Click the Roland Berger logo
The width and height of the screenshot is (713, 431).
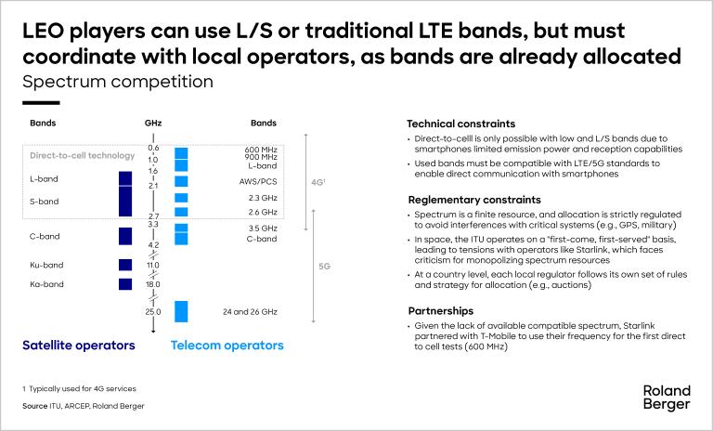[667, 398]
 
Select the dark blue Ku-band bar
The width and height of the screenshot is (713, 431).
[125, 265]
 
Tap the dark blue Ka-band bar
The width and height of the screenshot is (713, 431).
[125, 284]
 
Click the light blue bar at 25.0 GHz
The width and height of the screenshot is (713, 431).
[181, 312]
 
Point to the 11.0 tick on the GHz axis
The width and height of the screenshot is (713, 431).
[153, 265]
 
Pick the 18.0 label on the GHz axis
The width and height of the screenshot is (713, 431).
[153, 284]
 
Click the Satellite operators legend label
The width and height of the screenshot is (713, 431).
[79, 346]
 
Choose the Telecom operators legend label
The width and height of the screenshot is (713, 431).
[227, 346]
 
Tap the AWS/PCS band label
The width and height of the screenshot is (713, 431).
[258, 181]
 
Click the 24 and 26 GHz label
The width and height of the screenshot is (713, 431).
[250, 312]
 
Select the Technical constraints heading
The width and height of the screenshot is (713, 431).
[461, 124]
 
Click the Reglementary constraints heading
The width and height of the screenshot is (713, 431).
[474, 200]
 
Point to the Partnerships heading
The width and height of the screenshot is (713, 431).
[441, 311]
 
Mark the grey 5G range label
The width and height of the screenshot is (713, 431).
[324, 267]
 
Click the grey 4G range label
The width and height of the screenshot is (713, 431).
[318, 182]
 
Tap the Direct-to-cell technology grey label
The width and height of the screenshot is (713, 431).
[83, 156]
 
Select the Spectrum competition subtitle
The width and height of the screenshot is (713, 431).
[118, 82]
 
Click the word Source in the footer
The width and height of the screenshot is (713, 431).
[35, 406]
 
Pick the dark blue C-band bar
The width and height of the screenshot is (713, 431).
[125, 236]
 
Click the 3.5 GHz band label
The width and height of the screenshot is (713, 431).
[263, 228]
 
